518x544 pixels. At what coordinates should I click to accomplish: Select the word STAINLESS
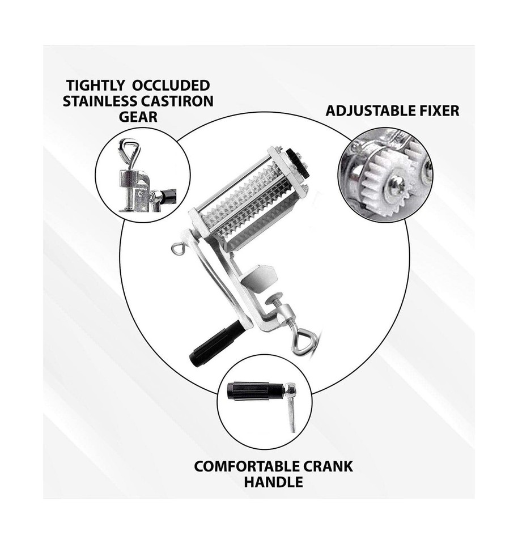click(x=108, y=101)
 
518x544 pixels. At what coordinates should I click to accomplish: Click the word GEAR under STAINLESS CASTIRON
click(x=138, y=117)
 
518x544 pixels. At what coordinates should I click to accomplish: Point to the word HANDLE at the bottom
click(x=273, y=482)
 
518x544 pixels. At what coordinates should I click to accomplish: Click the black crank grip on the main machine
click(x=214, y=342)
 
